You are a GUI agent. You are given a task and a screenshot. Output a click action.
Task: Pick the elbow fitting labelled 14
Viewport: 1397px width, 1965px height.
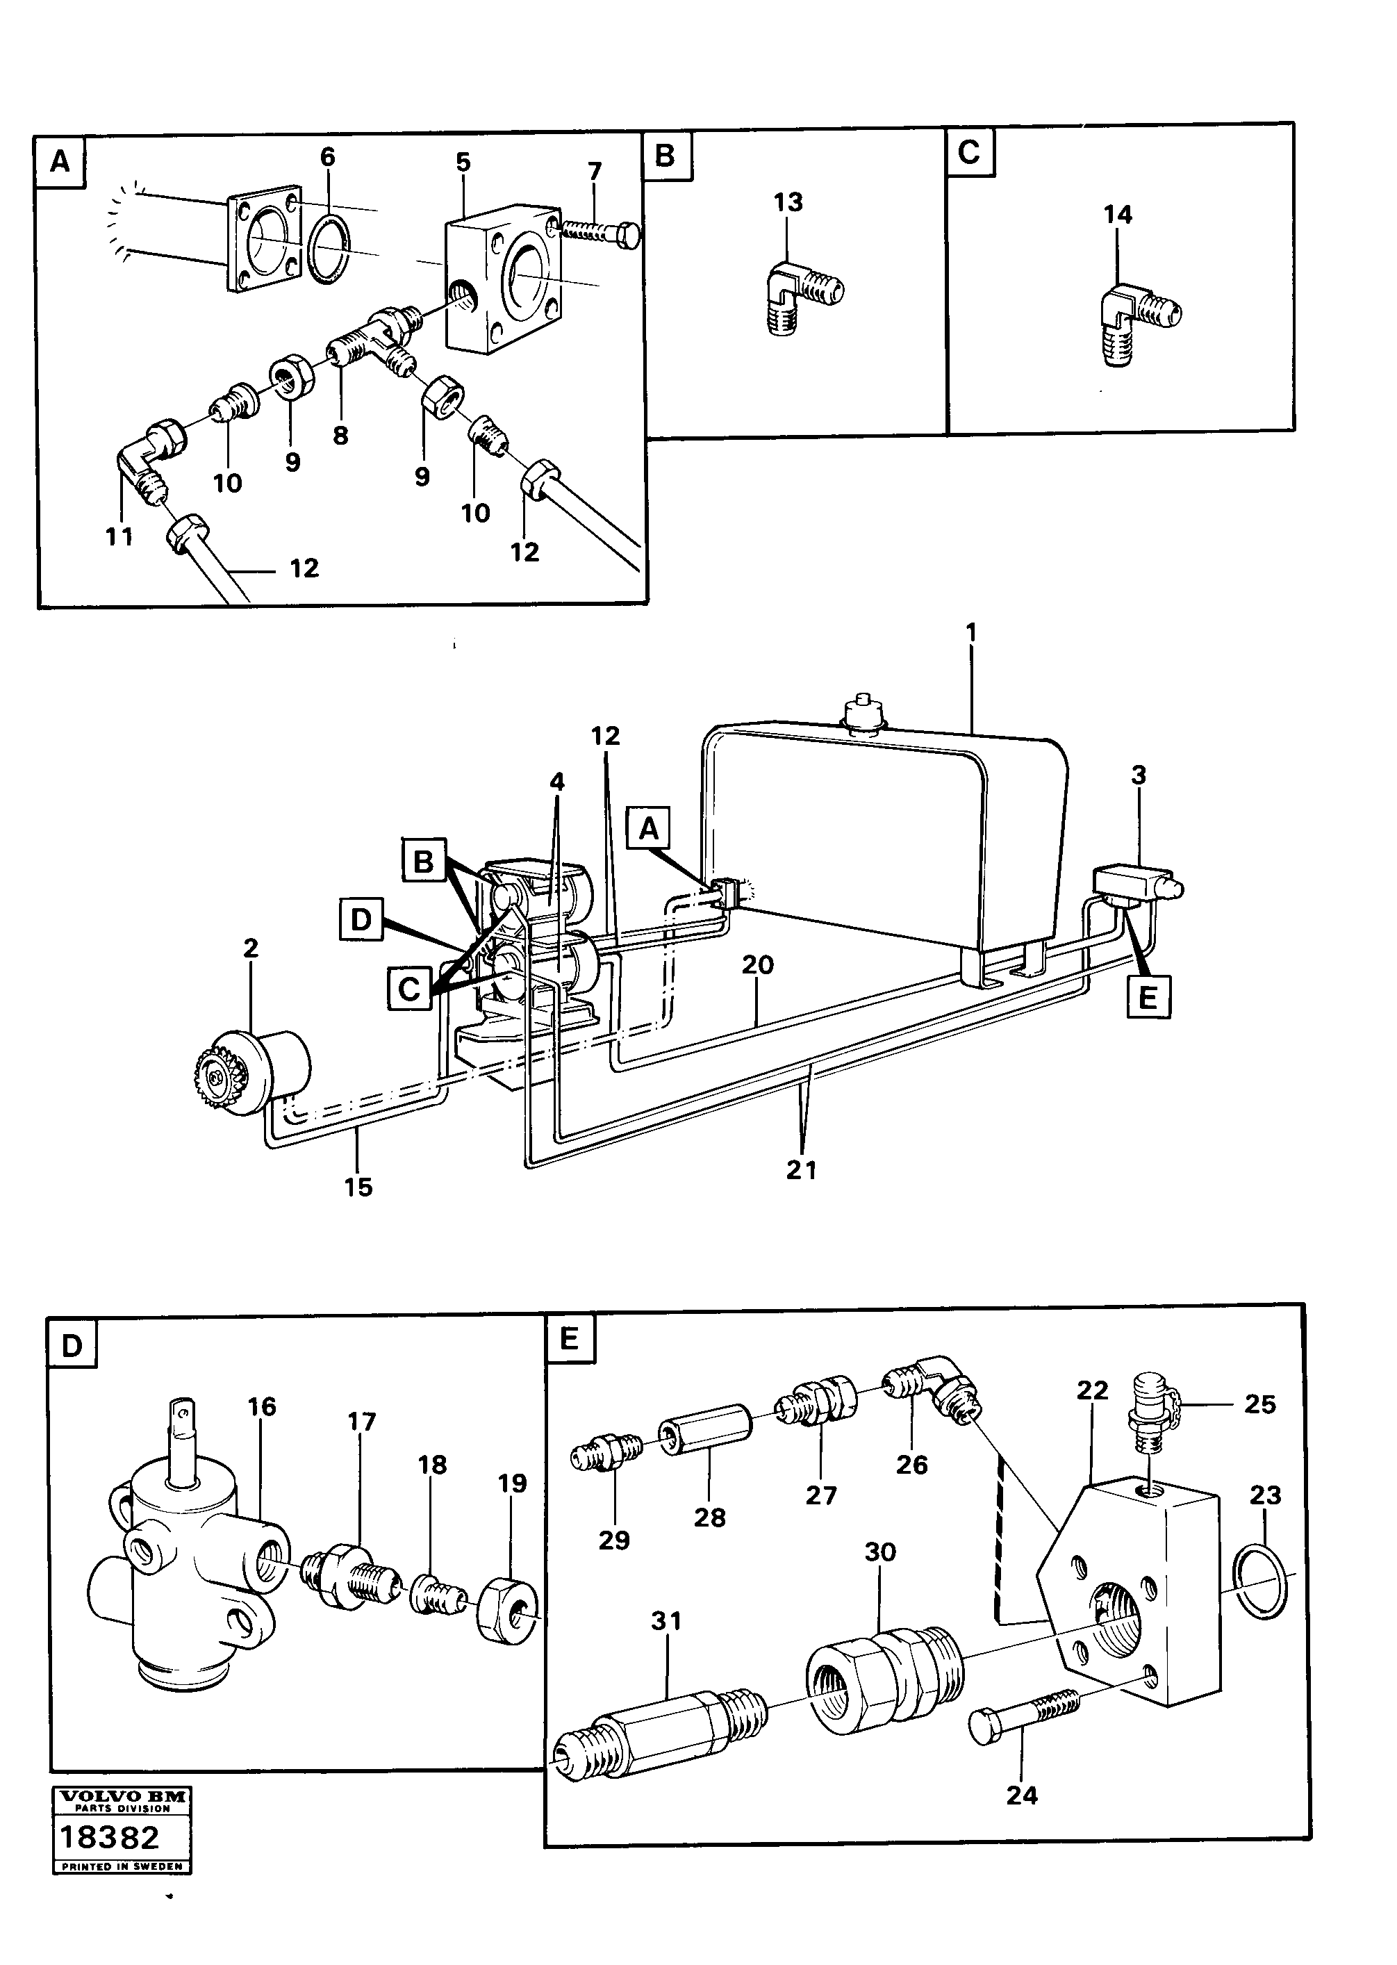click(x=1140, y=314)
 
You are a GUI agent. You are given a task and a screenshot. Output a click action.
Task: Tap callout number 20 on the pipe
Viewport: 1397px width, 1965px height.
click(x=758, y=965)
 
